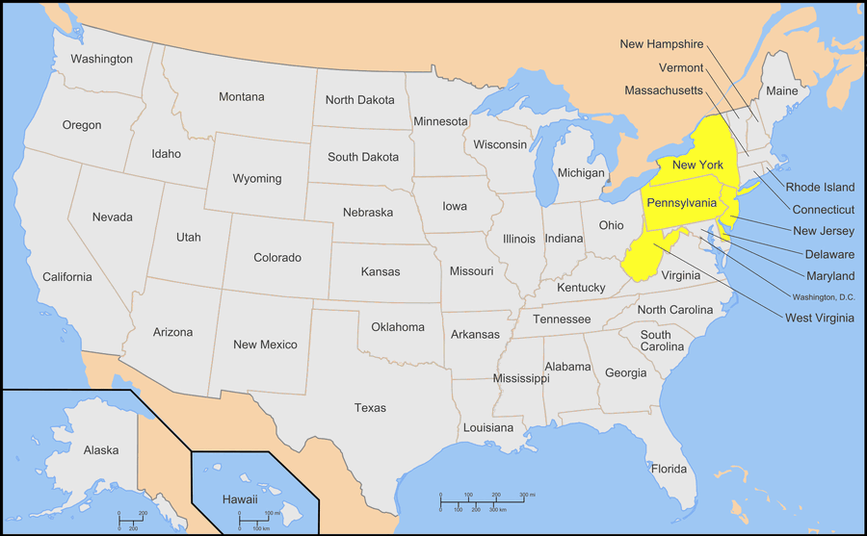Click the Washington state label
coord(101,59)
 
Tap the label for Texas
coord(370,408)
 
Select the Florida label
coord(669,469)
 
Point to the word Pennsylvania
coord(682,203)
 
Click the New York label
coord(697,166)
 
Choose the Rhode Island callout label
coord(820,187)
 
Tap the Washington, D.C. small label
coord(824,296)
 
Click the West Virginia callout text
coord(819,318)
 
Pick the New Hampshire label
coord(661,43)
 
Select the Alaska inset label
coord(101,449)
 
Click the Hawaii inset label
coord(240,499)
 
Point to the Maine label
coord(781,91)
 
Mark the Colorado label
coord(277,257)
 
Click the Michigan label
coord(581,172)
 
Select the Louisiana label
coord(488,426)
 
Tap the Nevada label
coord(113,217)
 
